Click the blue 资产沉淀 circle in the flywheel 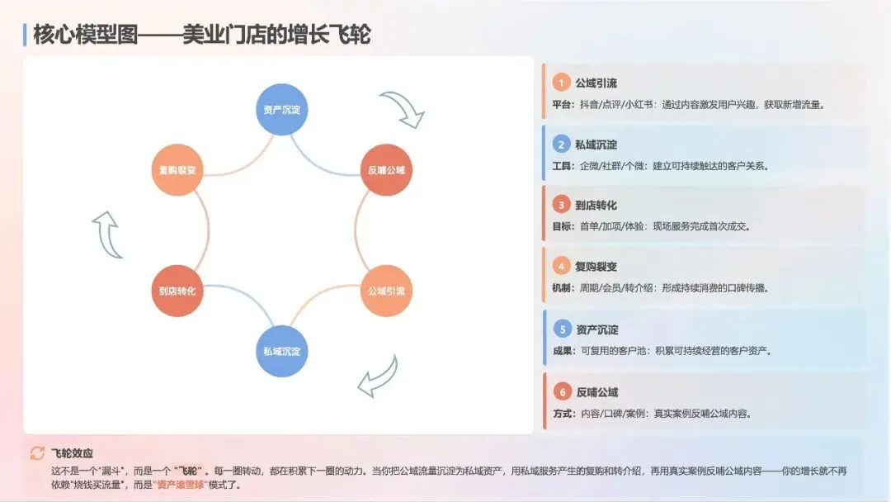click(281, 110)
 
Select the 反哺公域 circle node click(386, 171)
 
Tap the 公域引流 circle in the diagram click(386, 291)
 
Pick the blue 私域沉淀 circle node click(281, 351)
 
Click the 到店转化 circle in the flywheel click(177, 291)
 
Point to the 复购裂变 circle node click(177, 171)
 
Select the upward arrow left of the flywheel click(106, 234)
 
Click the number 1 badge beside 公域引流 click(561, 83)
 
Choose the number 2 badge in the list click(561, 144)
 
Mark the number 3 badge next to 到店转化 click(561, 205)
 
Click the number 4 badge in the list click(561, 266)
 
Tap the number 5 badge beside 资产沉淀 click(561, 329)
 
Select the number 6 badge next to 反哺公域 click(561, 391)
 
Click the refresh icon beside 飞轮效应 click(37, 452)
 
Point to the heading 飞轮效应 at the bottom click(72, 453)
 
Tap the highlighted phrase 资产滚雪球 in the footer click(182, 485)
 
